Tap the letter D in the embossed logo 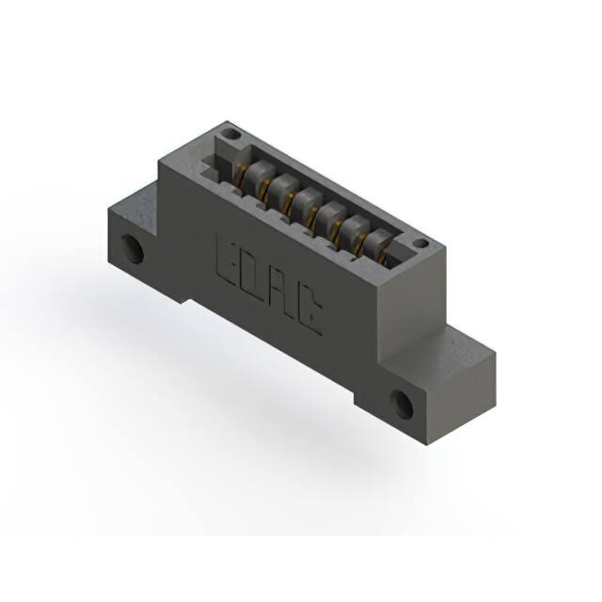[252, 276]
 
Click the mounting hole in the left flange [133, 249]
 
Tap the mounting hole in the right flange [402, 405]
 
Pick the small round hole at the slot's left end [232, 135]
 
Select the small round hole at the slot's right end [422, 244]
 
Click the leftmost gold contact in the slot [242, 178]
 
